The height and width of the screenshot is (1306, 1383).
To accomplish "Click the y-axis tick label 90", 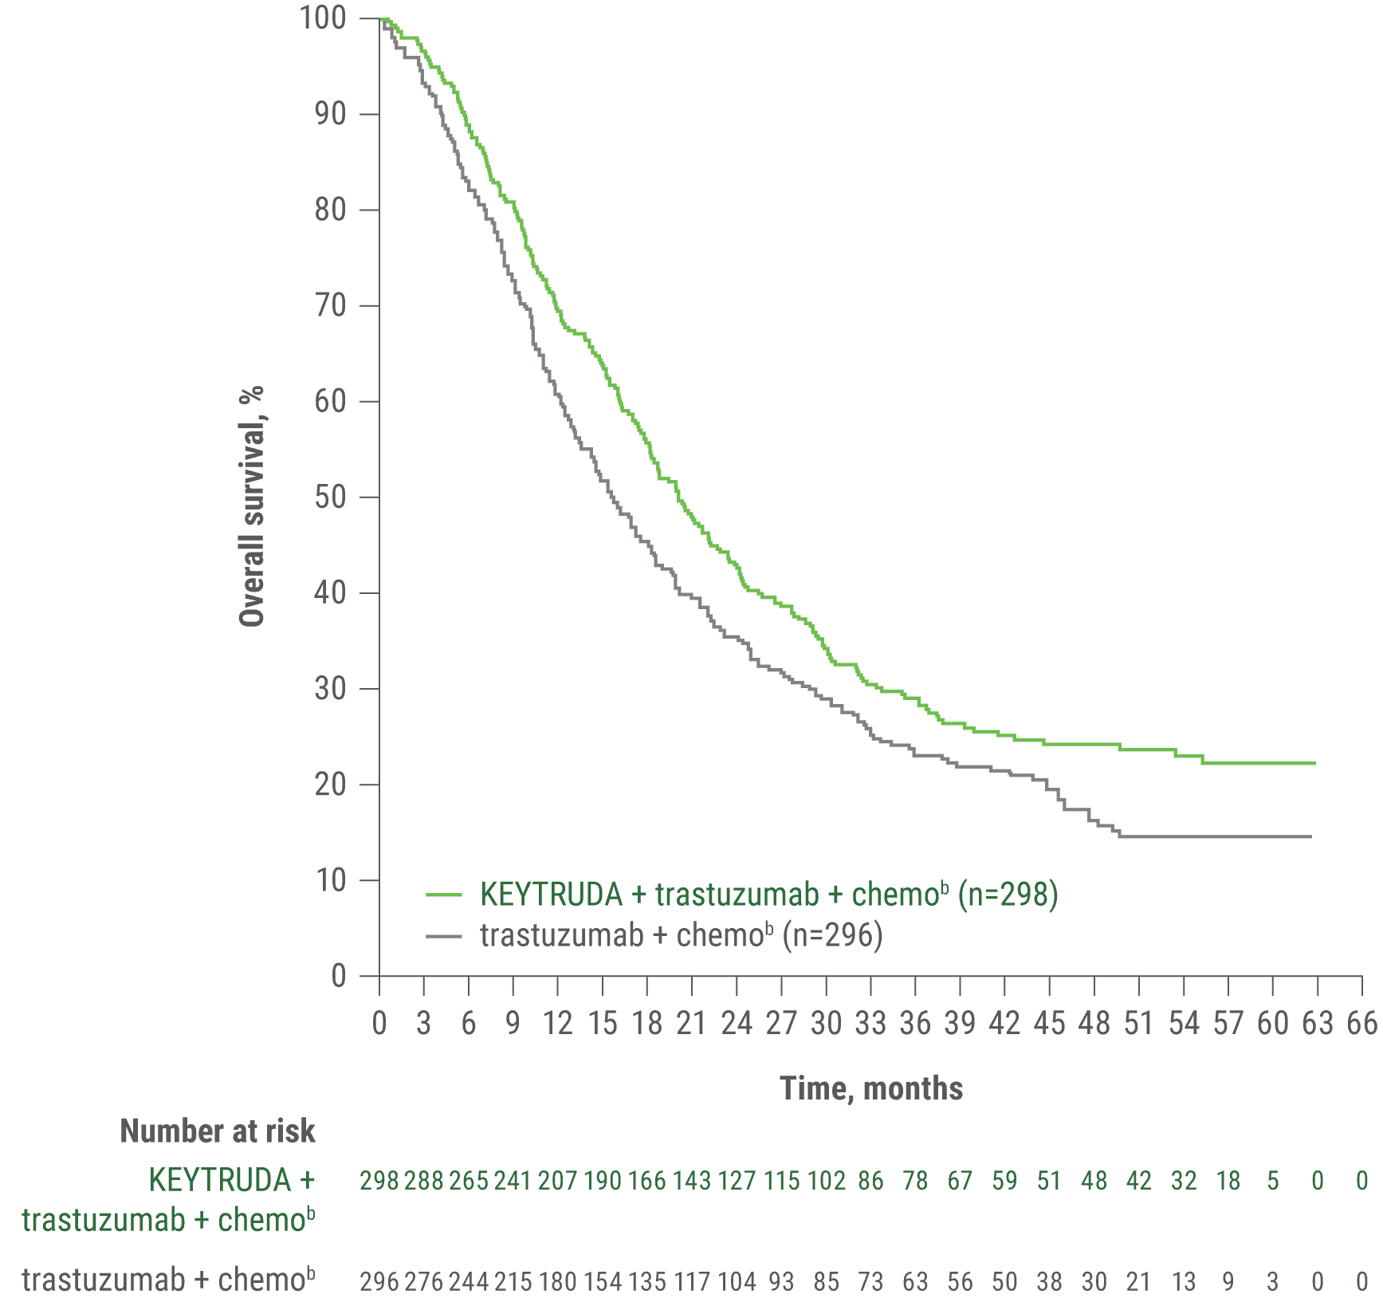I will tap(331, 114).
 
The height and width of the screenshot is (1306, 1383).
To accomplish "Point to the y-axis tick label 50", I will tap(331, 497).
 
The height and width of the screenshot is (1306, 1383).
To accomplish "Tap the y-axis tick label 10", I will tap(331, 880).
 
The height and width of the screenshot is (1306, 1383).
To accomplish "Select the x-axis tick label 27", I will tap(781, 1023).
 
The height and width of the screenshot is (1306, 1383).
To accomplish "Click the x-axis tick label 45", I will tap(1049, 1023).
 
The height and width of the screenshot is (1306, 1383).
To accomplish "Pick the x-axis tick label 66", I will tap(1361, 1023).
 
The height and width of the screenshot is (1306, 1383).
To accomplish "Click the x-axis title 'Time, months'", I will tap(871, 1088).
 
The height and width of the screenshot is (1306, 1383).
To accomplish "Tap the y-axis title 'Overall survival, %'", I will tap(252, 506).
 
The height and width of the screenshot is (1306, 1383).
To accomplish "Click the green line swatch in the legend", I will tap(444, 895).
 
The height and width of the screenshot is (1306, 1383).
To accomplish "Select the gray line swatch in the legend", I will tap(444, 935).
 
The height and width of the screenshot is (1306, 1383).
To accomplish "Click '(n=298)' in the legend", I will tap(1008, 895).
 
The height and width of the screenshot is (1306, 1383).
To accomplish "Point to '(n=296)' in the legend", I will tap(832, 934).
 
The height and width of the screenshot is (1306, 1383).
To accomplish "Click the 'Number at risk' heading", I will tap(217, 1131).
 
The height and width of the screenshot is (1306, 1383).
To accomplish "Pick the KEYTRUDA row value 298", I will tap(379, 1181).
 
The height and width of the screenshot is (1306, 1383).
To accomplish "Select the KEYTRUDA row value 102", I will tap(826, 1181).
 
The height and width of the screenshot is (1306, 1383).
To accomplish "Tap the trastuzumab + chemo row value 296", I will tap(379, 1281).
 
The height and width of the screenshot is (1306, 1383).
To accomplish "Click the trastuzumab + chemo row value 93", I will tap(781, 1281).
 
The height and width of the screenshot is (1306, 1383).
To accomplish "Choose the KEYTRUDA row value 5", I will tap(1273, 1181).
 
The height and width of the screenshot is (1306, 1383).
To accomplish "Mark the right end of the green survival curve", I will tap(1314, 763).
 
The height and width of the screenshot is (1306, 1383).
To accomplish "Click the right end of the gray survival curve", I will tap(1310, 836).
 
